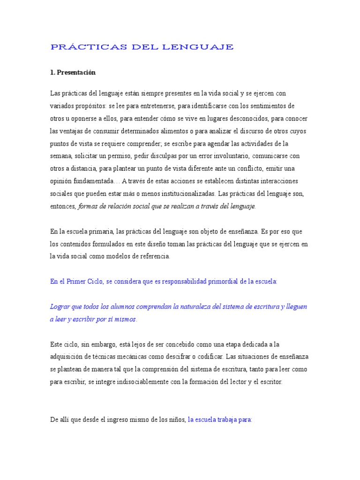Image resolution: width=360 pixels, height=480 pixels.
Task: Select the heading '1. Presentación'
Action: [73, 73]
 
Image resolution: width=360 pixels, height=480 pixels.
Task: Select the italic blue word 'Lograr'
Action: [60, 307]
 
